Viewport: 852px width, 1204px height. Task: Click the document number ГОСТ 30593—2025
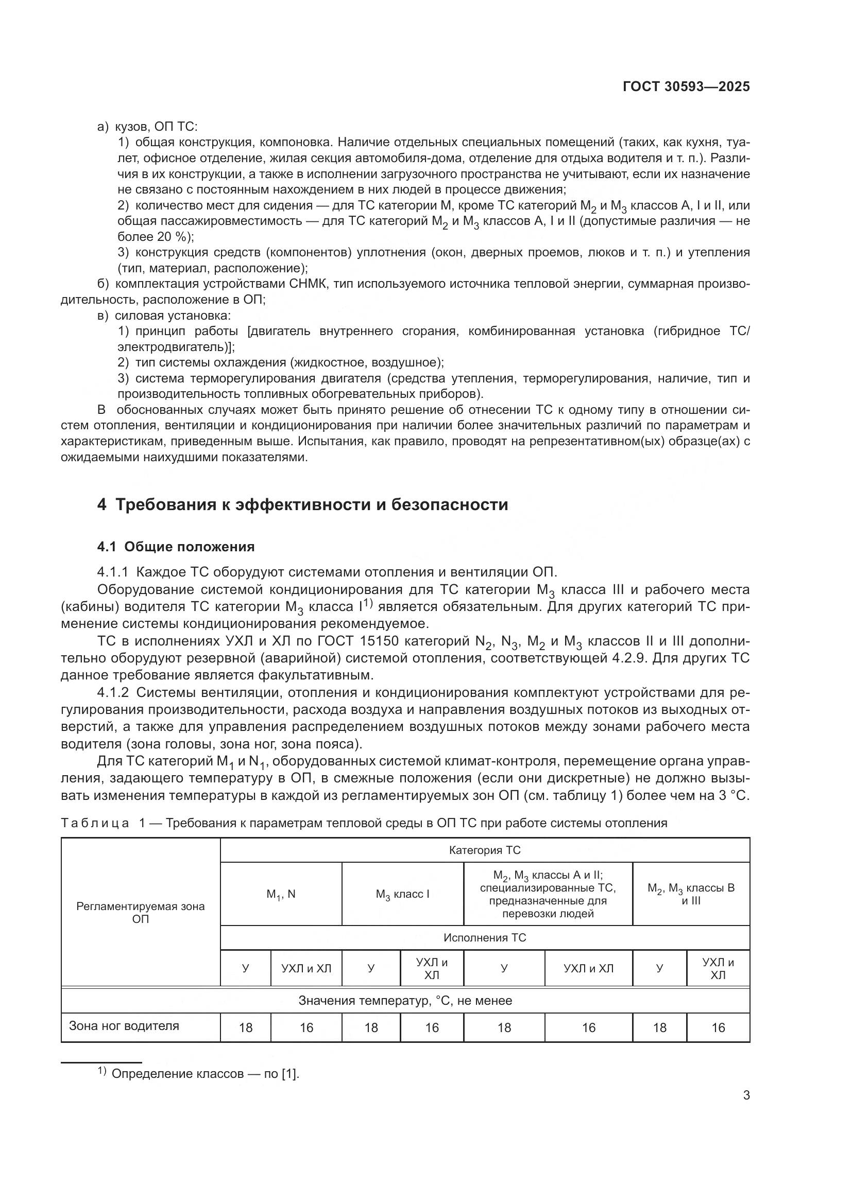686,86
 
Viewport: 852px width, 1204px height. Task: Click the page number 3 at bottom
746,1095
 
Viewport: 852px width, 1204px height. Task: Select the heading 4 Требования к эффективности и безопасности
303,504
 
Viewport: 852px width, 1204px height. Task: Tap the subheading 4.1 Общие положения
176,547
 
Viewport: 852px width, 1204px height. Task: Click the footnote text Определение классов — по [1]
205,1074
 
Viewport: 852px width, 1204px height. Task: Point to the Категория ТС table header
484,850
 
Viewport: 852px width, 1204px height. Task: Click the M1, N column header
281,894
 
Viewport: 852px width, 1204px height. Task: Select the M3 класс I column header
402,894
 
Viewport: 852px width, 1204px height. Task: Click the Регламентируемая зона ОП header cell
141,913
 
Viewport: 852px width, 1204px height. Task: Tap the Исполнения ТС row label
484,937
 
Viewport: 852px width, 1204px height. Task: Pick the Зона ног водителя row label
124,1026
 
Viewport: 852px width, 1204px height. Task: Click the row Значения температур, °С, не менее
405,1001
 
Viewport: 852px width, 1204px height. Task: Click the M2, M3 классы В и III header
691,894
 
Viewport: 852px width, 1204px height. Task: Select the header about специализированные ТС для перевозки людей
548,894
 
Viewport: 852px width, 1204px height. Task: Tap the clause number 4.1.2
113,693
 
